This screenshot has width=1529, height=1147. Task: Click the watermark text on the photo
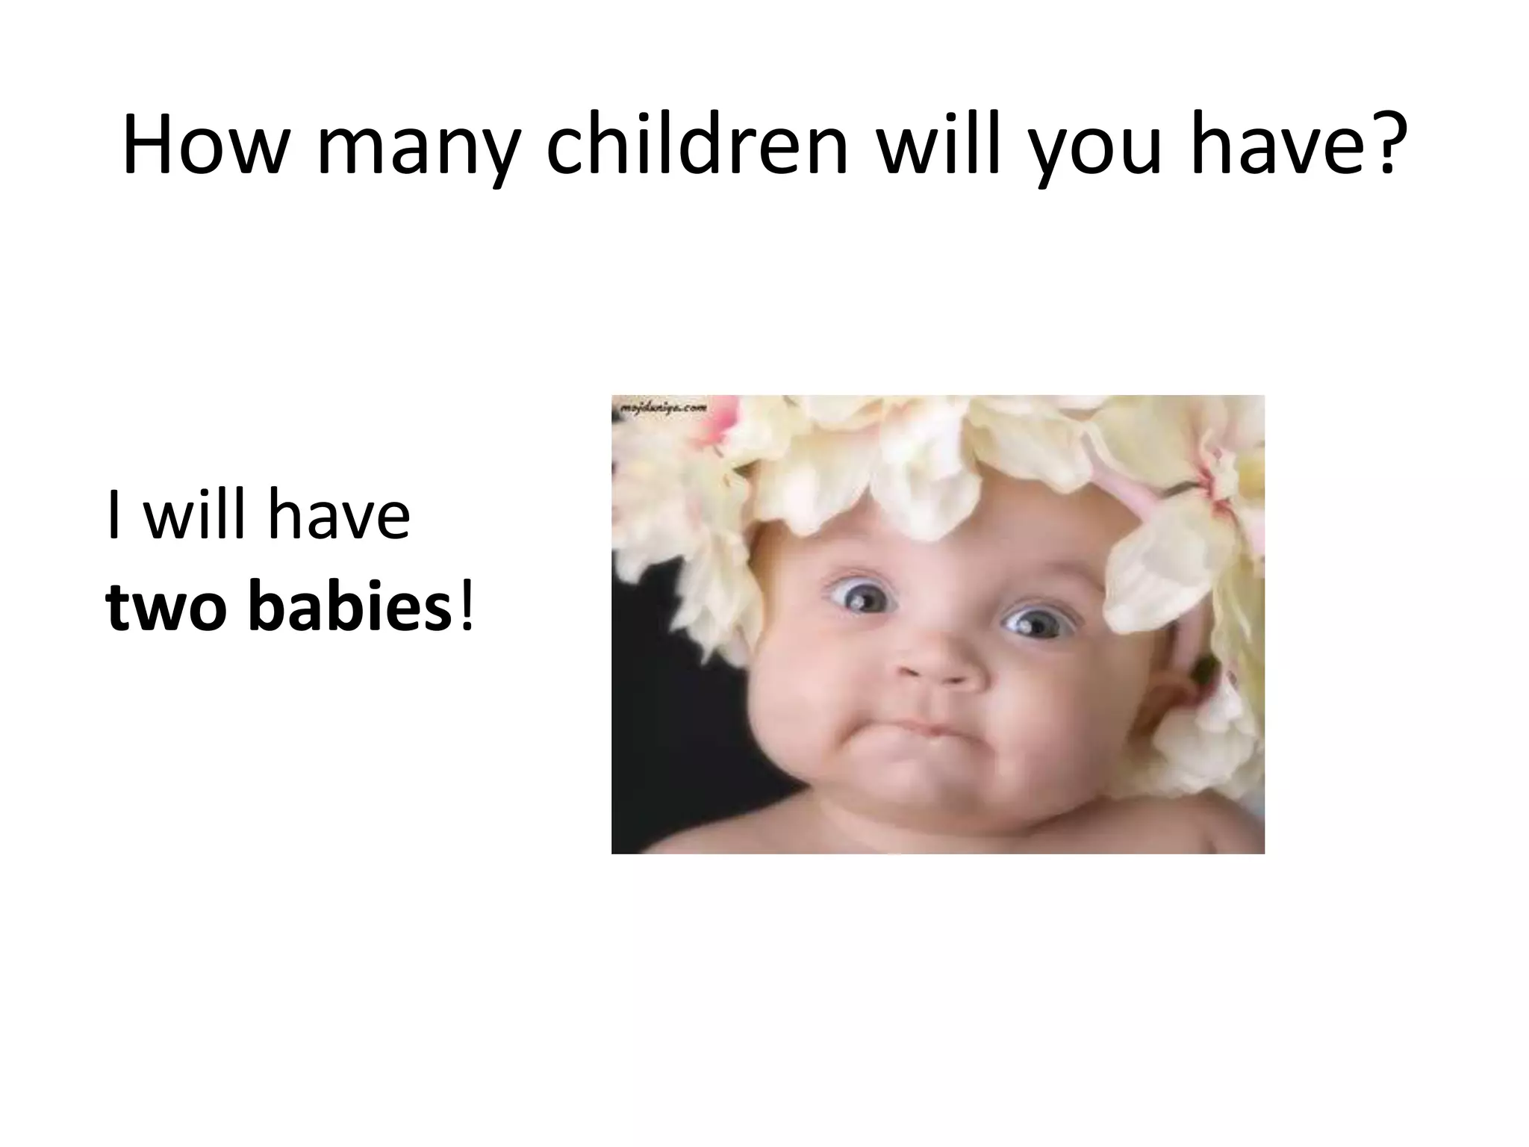pos(660,407)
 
